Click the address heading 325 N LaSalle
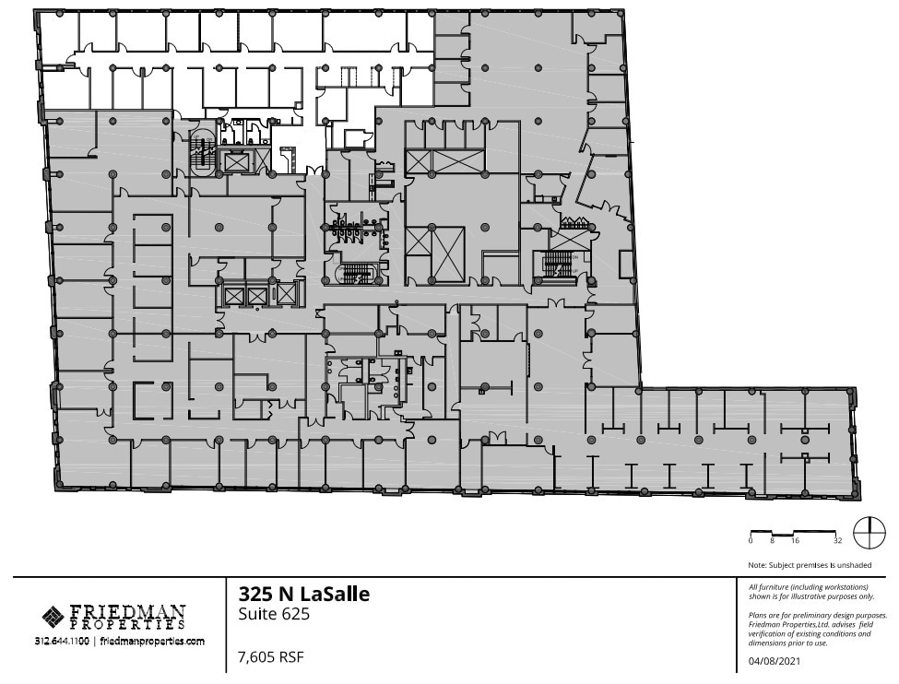click(x=303, y=594)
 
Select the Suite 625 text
click(x=274, y=614)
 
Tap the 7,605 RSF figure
click(x=270, y=657)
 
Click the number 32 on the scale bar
click(x=838, y=541)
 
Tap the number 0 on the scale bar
click(x=751, y=541)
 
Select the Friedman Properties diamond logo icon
click(x=53, y=615)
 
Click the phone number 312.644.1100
click(x=62, y=641)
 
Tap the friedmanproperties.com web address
click(x=152, y=641)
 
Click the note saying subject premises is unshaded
click(x=810, y=565)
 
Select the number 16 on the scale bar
click(x=794, y=541)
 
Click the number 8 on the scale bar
click(x=772, y=541)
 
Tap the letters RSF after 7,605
click(x=290, y=657)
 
